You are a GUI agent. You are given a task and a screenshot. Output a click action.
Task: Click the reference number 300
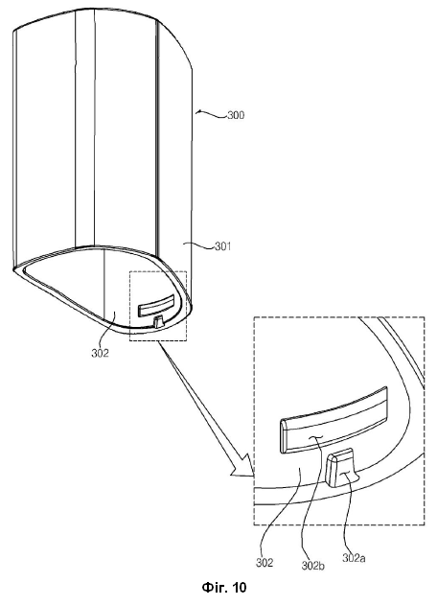[236, 115]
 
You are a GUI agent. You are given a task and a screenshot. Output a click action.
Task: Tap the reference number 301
[222, 245]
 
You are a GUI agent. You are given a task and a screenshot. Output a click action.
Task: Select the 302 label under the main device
[100, 353]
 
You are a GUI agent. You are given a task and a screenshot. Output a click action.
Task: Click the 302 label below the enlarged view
[264, 563]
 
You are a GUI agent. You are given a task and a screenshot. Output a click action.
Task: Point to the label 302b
[312, 566]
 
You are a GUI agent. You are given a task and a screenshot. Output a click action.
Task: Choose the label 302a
[354, 558]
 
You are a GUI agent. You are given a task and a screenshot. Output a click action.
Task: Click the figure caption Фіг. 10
[223, 587]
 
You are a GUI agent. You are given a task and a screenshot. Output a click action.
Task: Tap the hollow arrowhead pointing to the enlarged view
[242, 467]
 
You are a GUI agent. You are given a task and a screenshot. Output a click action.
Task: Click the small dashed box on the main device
[158, 306]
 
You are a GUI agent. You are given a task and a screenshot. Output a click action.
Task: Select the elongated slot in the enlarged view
[333, 419]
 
